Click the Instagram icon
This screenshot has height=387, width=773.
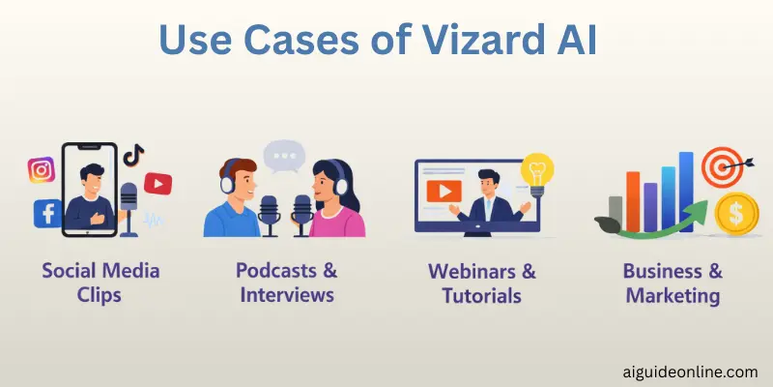(x=41, y=170)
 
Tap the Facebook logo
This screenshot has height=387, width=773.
(x=46, y=213)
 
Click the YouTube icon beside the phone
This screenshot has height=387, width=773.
(x=157, y=182)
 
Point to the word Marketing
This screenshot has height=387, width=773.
(x=673, y=294)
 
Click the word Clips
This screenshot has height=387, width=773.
(x=100, y=294)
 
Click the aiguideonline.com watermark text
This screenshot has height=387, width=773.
(x=687, y=371)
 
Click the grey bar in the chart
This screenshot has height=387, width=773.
(x=615, y=207)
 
